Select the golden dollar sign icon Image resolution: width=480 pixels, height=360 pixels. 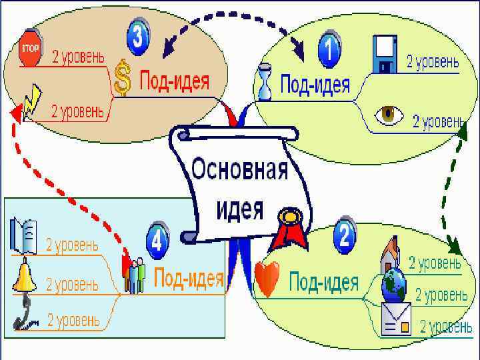[121, 78]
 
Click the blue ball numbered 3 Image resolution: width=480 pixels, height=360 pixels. [139, 37]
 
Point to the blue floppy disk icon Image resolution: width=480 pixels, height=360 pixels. [385, 53]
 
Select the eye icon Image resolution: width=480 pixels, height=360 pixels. [389, 115]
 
